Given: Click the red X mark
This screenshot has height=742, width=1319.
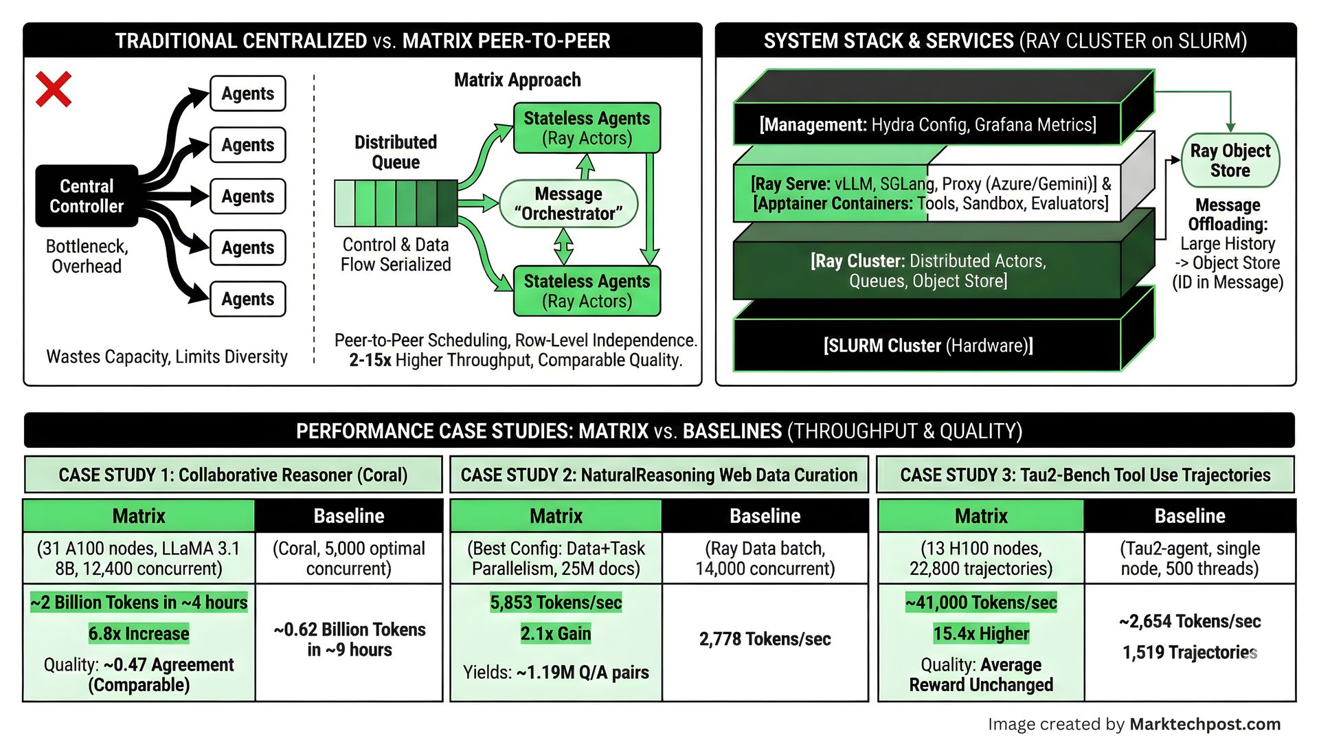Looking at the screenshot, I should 54,89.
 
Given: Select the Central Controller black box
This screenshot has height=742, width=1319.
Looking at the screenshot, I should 87,196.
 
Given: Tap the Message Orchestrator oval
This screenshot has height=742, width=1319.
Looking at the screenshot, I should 568,204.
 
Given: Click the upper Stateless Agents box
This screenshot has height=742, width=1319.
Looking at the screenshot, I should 587,128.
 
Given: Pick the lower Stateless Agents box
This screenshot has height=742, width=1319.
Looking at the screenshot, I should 587,291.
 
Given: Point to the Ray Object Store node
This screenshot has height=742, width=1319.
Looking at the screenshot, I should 1230,161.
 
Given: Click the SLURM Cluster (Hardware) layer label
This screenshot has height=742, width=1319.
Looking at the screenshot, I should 927,346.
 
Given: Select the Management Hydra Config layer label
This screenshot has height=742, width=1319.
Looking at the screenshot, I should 927,125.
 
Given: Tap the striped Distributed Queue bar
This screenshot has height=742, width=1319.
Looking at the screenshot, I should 396,203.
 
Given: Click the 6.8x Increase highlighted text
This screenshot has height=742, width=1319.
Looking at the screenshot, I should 139,633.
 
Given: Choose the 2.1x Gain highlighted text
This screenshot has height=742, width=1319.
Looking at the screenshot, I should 556,633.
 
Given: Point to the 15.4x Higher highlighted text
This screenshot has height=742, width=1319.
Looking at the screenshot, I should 981,633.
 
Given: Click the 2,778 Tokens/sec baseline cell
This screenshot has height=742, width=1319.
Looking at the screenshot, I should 765,640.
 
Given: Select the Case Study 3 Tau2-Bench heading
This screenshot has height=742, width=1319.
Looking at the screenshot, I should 1085,475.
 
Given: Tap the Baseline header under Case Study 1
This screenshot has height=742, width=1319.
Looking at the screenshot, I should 349,516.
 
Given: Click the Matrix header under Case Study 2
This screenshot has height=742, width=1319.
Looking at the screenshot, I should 556,516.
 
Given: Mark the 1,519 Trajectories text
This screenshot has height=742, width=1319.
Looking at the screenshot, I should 1190,653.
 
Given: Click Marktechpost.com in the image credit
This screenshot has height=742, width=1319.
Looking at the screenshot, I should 1205,724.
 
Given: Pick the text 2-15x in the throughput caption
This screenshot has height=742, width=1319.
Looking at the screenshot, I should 370,361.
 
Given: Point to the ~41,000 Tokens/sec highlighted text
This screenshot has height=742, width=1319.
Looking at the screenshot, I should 981,603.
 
